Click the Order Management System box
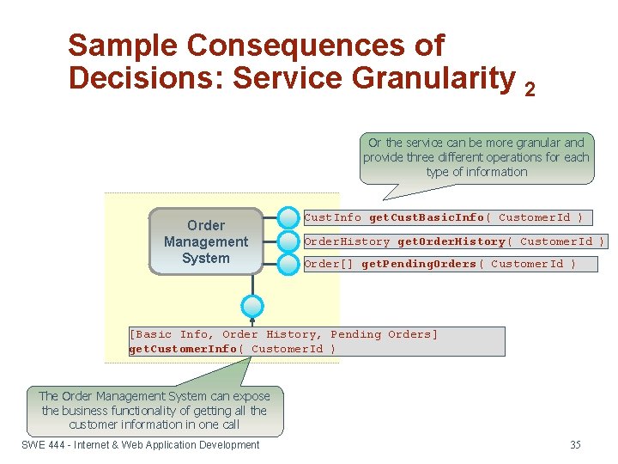point(206,241)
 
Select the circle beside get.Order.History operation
point(289,241)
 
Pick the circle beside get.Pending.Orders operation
point(289,264)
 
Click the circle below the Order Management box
point(252,306)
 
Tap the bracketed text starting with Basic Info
point(283,334)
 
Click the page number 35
point(575,444)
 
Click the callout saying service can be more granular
point(476,157)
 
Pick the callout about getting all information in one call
point(154,410)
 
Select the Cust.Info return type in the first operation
point(333,218)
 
